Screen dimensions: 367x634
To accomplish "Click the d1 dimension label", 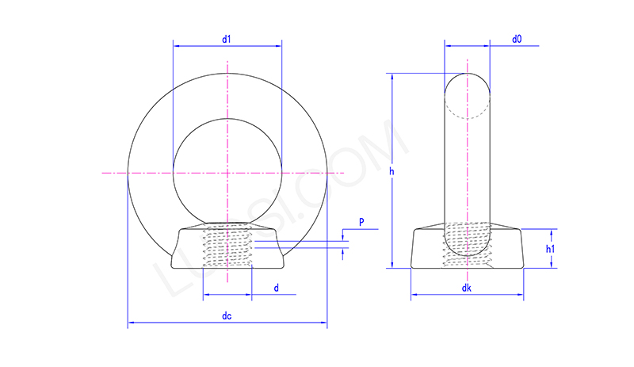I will point(227,40).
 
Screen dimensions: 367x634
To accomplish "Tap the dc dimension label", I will point(227,316).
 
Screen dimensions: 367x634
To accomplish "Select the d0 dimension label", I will point(517,39).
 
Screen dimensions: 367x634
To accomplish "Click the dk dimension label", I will point(467,291).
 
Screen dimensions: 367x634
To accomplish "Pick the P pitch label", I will point(361,223).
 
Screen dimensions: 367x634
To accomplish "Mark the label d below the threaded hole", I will point(276,288).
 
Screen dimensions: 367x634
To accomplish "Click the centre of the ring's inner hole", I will point(227,171).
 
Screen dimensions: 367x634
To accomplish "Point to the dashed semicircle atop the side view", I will point(467,108).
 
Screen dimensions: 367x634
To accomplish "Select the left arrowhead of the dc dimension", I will point(131,323).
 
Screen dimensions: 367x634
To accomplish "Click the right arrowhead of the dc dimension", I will point(323,323).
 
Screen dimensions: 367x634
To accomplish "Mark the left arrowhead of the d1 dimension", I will point(175,47).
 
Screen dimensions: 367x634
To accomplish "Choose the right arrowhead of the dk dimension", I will point(521,298).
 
